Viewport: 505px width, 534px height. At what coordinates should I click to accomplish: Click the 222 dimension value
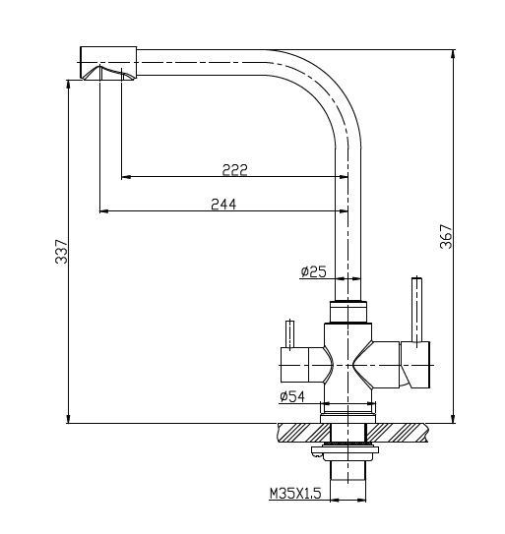(x=234, y=169)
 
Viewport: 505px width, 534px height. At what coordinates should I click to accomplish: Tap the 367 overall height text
(x=445, y=237)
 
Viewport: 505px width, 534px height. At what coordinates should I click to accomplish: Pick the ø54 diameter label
(x=292, y=396)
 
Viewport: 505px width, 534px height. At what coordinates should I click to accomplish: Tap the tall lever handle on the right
(x=417, y=310)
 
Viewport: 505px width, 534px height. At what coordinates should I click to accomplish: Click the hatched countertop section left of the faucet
(x=300, y=432)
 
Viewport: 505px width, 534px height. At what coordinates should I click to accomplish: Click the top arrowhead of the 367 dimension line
(x=452, y=50)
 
